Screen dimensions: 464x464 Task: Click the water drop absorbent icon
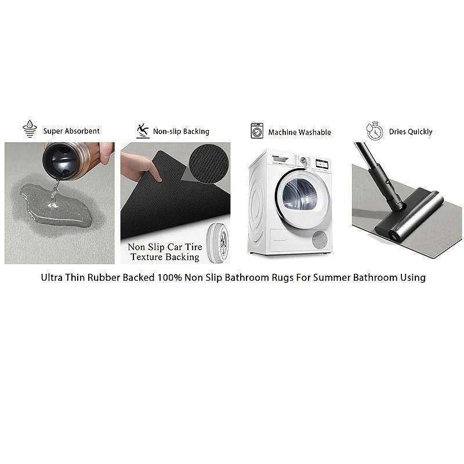coord(30,129)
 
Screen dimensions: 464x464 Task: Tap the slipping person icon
coord(143,131)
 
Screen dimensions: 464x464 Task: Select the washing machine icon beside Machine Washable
coord(257,131)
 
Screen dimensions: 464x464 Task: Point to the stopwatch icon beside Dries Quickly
coord(374,130)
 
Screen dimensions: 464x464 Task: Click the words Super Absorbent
coord(71,131)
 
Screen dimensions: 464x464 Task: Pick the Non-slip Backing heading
coord(181,132)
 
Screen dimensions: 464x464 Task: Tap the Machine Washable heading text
coord(299,132)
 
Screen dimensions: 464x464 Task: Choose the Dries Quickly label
coord(411,132)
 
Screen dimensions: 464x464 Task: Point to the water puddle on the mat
coord(55,205)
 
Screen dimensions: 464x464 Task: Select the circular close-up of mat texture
coord(209,164)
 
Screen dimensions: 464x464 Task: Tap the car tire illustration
coord(218,243)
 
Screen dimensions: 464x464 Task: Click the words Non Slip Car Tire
coord(165,247)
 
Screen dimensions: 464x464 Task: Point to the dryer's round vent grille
coord(320,240)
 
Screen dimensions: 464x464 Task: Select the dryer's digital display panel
coord(322,164)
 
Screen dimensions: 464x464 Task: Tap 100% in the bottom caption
coord(169,278)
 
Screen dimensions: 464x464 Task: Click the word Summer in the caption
coord(332,278)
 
